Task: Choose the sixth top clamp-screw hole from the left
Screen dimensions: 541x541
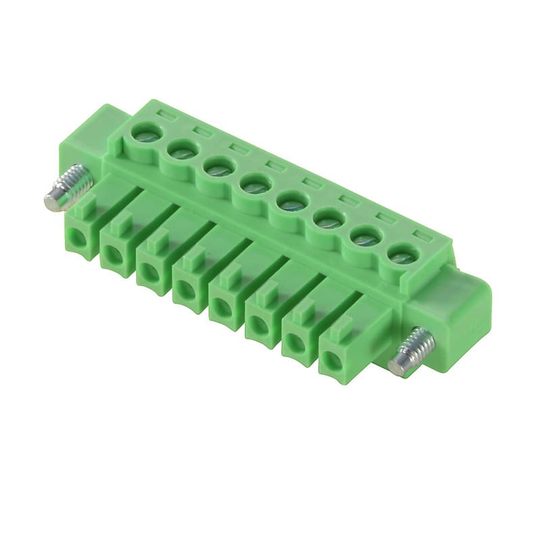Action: pos(325,218)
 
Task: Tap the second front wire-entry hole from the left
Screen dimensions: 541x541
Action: pos(112,254)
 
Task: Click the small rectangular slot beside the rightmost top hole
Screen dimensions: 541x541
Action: pos(421,237)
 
